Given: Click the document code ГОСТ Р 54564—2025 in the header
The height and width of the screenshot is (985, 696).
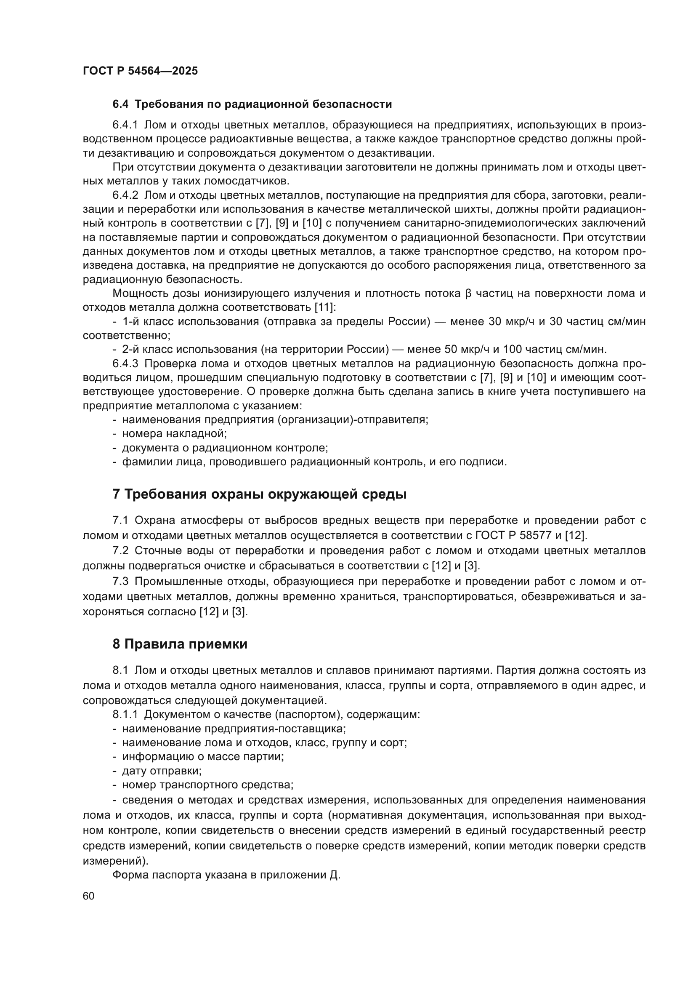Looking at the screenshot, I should click(x=140, y=71).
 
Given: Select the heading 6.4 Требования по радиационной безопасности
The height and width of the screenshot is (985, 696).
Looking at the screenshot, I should click(x=252, y=104).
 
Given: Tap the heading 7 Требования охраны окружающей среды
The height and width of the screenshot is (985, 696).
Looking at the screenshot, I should click(x=259, y=494).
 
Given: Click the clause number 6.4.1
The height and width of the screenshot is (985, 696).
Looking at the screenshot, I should click(x=125, y=125).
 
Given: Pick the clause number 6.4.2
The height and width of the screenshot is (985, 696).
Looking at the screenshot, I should click(x=125, y=195).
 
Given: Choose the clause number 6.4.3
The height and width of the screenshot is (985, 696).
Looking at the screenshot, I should click(x=125, y=363).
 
